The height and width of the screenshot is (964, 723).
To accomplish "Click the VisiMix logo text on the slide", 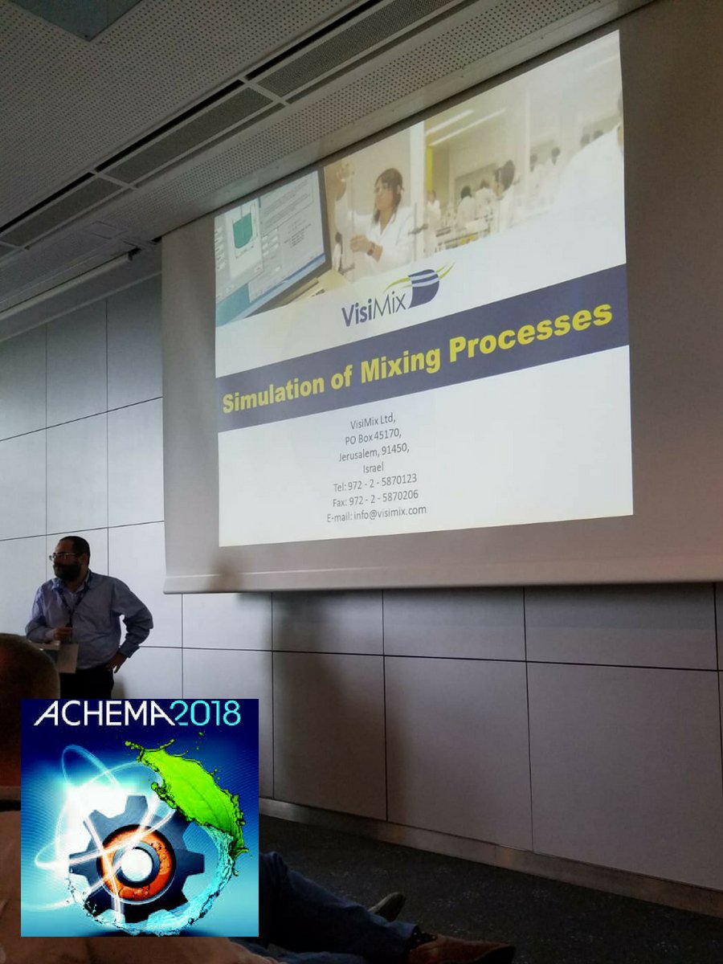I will click(x=376, y=308).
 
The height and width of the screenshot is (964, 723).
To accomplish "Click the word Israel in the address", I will click(x=373, y=468).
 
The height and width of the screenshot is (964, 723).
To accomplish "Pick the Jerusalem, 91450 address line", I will click(x=374, y=453).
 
